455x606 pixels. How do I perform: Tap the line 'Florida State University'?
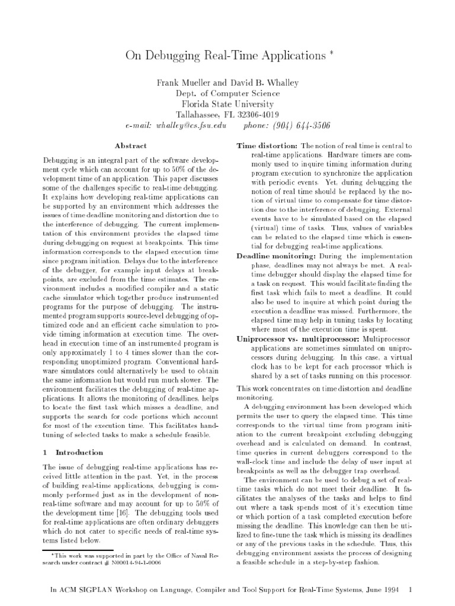[227, 104]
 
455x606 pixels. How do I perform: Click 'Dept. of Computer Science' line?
[227, 93]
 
